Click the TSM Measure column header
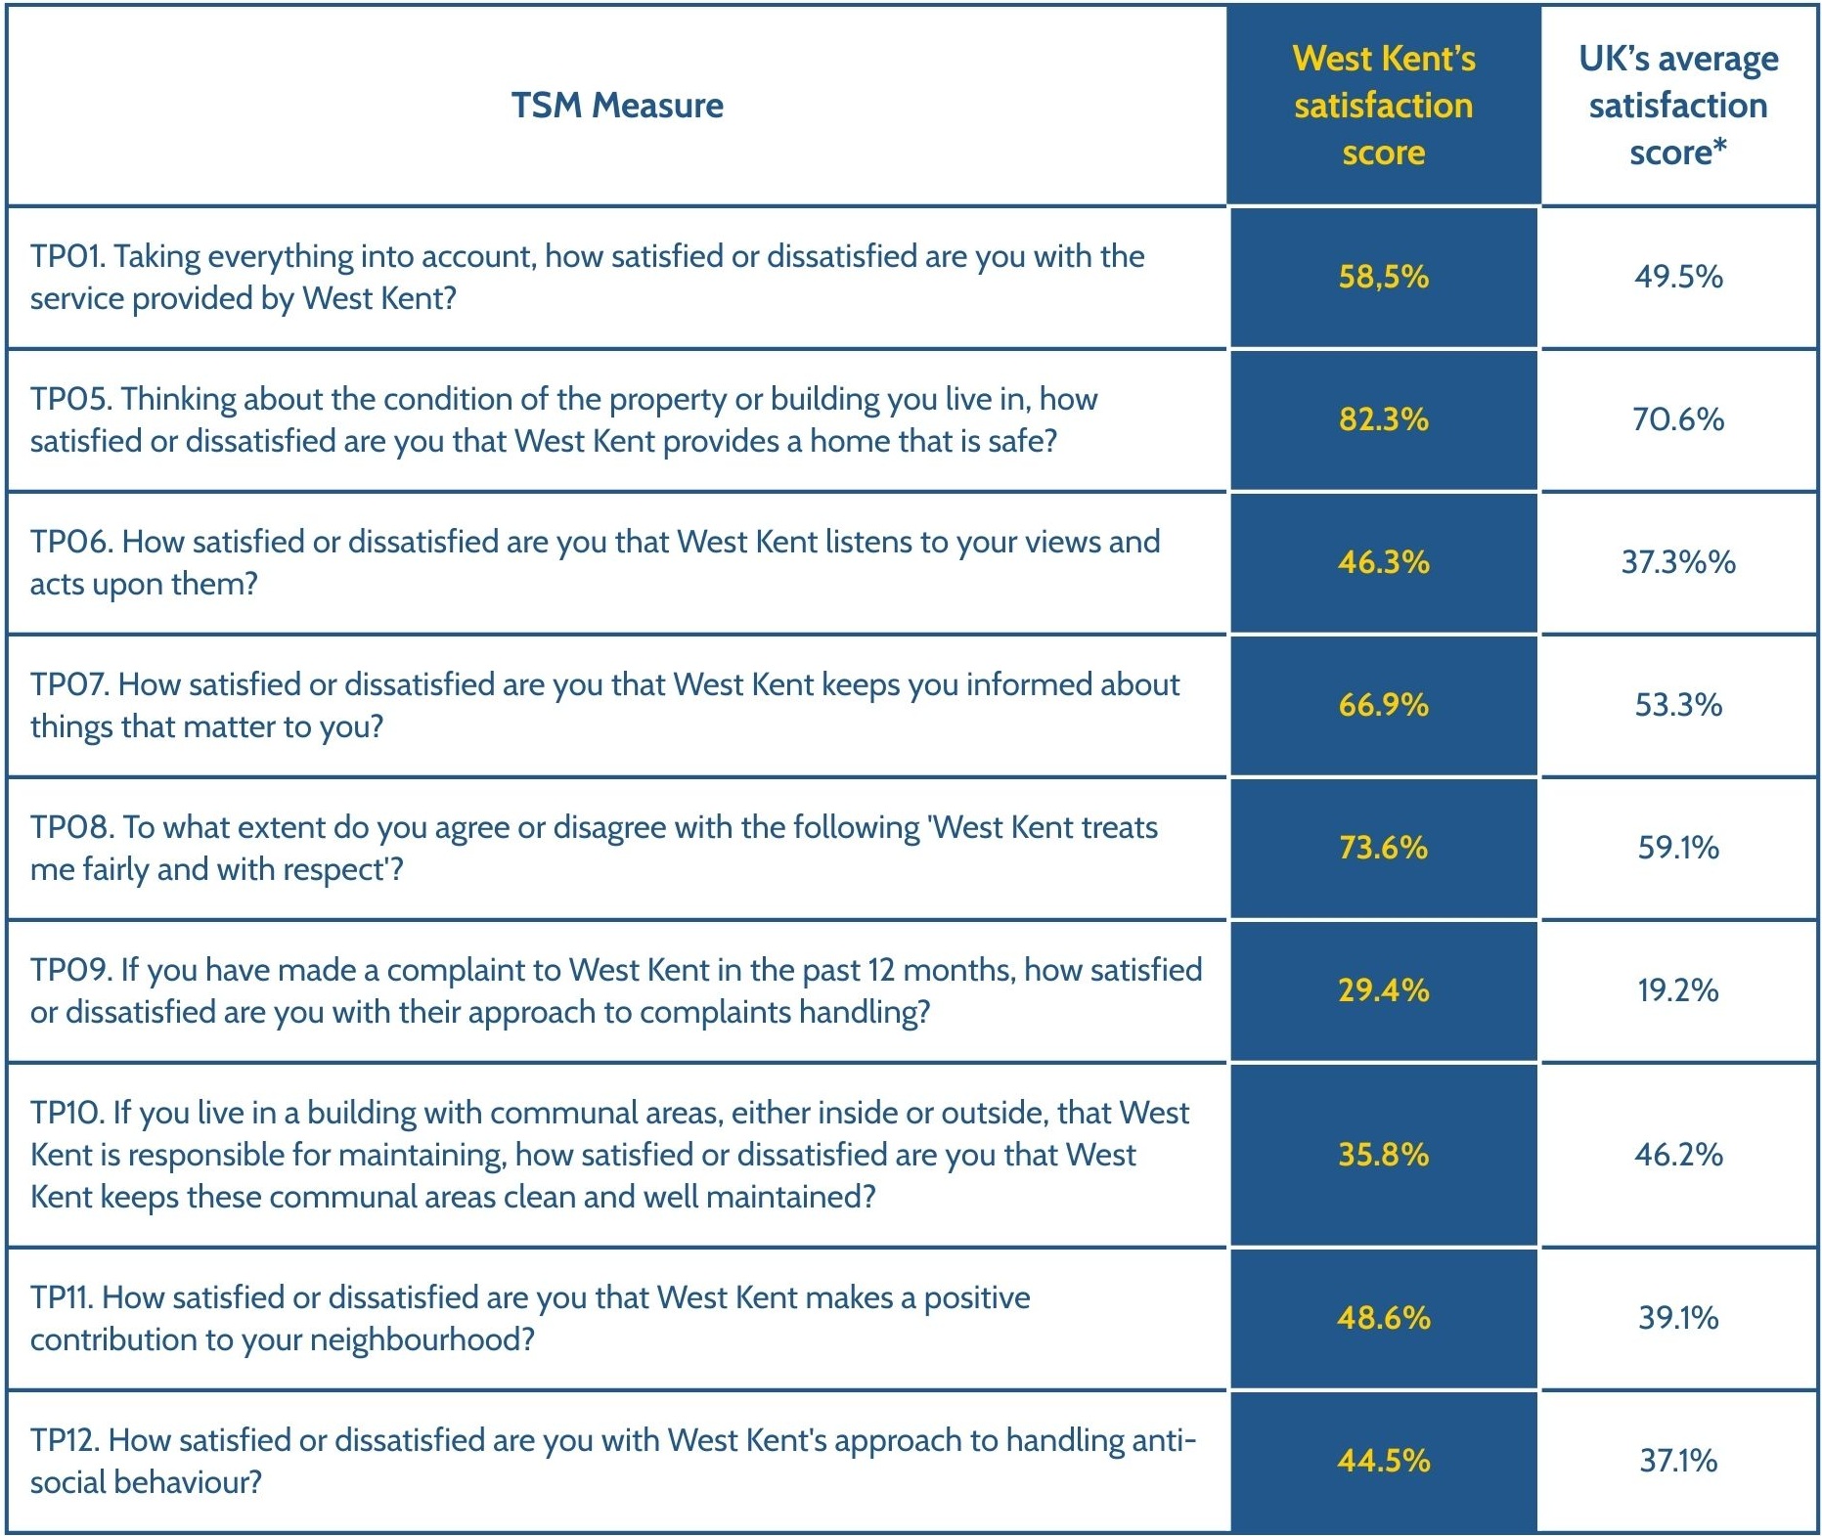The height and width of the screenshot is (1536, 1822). tap(617, 106)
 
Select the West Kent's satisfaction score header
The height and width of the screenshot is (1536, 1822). tap(1383, 106)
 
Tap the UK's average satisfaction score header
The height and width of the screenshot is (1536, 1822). tap(1678, 106)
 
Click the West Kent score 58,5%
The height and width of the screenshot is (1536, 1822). tap(1383, 277)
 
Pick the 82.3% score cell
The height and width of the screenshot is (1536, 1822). tap(1383, 419)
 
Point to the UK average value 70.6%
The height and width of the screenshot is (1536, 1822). tap(1678, 419)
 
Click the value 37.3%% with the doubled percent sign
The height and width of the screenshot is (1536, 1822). tap(1678, 562)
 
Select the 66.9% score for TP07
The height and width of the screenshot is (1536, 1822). tap(1383, 705)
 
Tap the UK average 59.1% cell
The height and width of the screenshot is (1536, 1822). tap(1678, 848)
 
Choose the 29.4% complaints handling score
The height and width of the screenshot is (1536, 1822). tap(1383, 990)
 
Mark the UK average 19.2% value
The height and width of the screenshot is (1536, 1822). tap(1678, 990)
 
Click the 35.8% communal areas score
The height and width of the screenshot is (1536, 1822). tap(1383, 1155)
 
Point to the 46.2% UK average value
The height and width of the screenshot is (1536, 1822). tap(1678, 1155)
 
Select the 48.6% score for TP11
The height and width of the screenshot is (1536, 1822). tap(1383, 1318)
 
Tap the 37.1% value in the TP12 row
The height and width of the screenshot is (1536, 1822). tap(1678, 1461)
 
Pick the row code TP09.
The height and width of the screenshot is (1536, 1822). tap(70, 971)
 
